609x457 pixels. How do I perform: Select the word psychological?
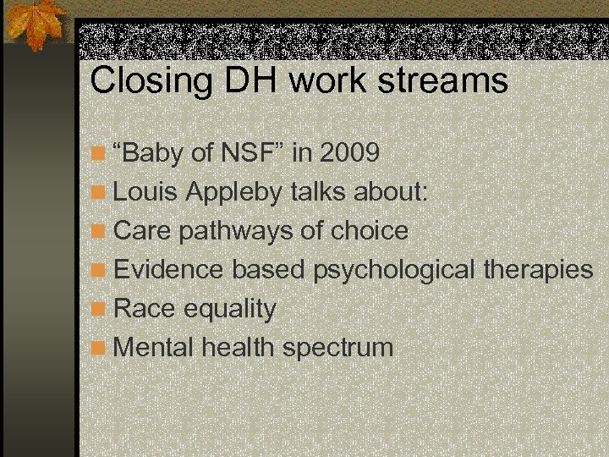tap(395, 270)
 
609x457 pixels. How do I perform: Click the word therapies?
tap(539, 270)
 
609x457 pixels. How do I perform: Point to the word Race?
tap(140, 308)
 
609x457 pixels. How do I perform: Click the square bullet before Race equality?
tap(99, 309)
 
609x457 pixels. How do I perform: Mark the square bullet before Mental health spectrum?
tap(99, 348)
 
